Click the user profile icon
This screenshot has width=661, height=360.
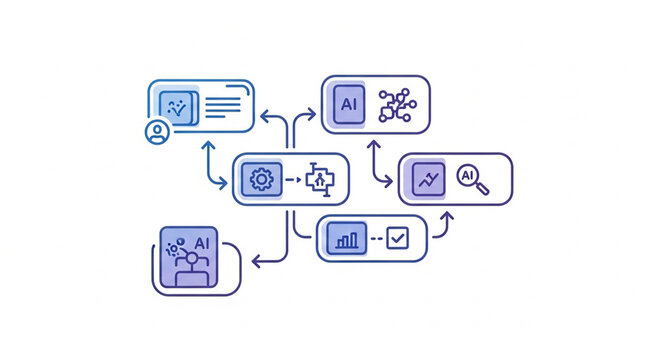156,132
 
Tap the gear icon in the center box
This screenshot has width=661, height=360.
261,180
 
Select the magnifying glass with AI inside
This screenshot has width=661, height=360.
471,178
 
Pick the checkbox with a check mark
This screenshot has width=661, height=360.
398,238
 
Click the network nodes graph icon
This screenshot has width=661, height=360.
396,105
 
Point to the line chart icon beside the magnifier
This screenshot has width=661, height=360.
429,180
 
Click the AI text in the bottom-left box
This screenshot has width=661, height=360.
203,242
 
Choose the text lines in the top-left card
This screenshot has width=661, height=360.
224,103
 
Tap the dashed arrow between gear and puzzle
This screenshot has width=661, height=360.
292,180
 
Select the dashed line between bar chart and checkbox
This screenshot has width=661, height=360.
376,239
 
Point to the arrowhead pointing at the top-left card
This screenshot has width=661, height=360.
263,116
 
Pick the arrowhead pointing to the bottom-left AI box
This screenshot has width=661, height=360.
257,263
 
